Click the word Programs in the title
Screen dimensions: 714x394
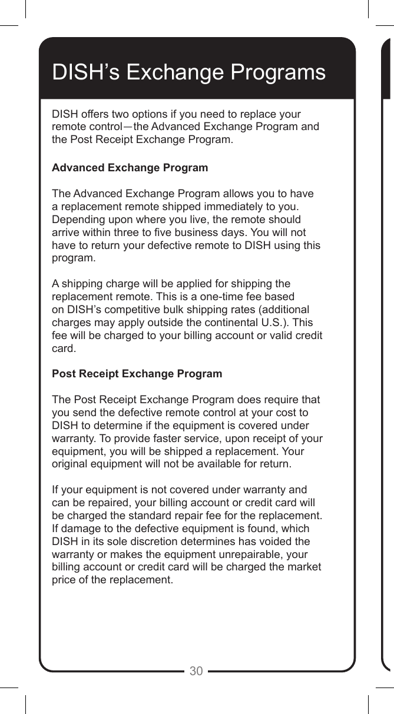(277, 73)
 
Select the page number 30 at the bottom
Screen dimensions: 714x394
(196, 671)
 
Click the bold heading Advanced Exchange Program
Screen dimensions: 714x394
(130, 168)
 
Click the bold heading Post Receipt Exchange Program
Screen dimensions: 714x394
(137, 374)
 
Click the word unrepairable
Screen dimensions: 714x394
(249, 554)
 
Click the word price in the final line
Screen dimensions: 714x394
(64, 580)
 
